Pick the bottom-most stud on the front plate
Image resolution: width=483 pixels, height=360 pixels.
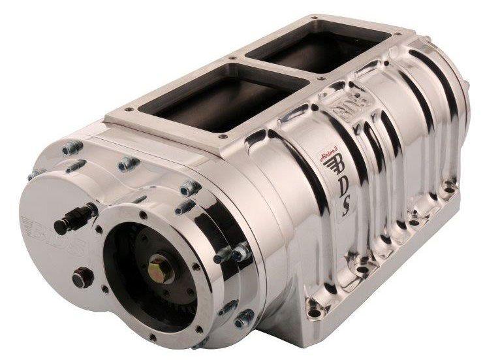(246, 319)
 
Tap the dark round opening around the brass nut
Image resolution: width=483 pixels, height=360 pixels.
(140, 274)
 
